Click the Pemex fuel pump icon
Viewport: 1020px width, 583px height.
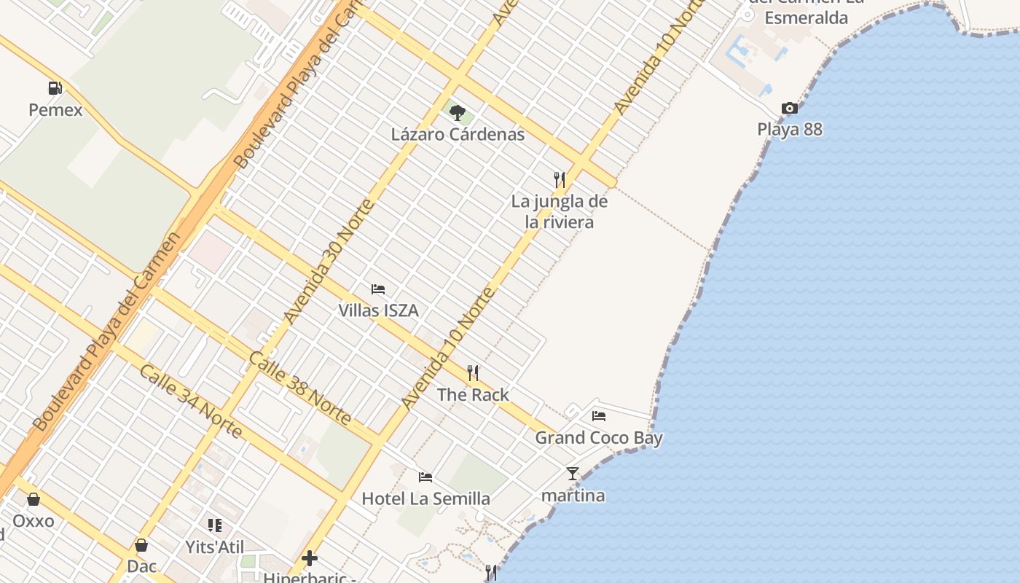pos(55,88)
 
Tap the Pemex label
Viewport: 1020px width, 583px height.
pos(55,110)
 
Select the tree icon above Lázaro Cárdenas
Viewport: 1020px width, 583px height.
pos(458,112)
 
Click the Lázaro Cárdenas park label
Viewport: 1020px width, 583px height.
pos(458,134)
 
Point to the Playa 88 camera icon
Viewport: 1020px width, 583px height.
pos(789,109)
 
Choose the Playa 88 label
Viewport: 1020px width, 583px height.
pos(790,130)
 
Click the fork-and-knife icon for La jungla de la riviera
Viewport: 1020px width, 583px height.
pos(560,179)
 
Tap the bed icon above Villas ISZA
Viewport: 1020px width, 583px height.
pos(377,289)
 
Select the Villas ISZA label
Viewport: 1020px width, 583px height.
pos(378,310)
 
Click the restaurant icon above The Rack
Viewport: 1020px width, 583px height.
pos(473,373)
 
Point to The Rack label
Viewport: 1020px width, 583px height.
pos(473,394)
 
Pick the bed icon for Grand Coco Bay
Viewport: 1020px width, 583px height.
pos(599,416)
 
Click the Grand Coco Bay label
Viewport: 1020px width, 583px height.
pos(599,438)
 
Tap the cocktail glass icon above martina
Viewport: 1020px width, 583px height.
pos(573,474)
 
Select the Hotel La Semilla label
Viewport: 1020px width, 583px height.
pos(426,499)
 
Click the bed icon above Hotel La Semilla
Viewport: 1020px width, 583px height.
pos(425,477)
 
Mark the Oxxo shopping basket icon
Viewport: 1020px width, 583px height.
pos(34,499)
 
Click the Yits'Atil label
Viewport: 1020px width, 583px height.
pos(214,547)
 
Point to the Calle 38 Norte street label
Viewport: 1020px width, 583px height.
pos(300,388)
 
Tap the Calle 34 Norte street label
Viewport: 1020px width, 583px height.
pos(191,402)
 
